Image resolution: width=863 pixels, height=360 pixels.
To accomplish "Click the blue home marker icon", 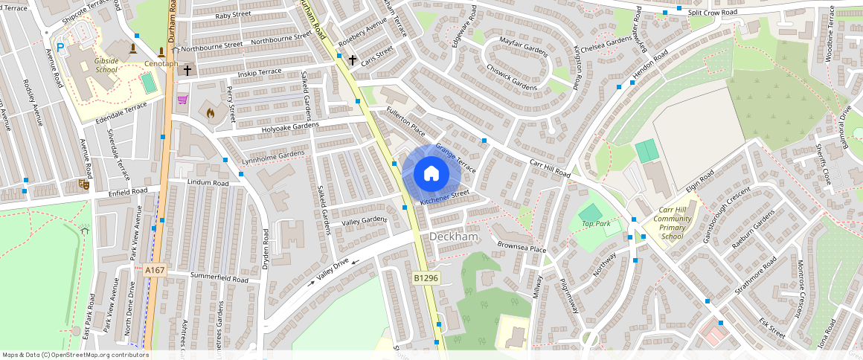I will (x=431, y=174).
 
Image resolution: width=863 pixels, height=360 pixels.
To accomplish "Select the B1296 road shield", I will (x=426, y=277).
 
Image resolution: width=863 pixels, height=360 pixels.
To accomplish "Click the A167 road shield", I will (x=155, y=270).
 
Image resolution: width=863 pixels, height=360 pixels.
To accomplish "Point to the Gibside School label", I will (x=106, y=65).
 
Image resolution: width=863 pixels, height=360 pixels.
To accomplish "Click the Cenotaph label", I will (x=161, y=64).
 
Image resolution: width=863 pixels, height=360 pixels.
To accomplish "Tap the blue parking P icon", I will (x=61, y=47).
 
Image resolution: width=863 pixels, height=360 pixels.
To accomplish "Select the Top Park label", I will (x=595, y=223).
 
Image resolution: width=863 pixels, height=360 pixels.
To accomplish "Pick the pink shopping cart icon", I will (x=182, y=99).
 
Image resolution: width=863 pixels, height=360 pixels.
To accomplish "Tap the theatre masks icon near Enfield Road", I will (x=84, y=183).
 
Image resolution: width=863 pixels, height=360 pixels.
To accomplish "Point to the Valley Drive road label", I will (x=332, y=269).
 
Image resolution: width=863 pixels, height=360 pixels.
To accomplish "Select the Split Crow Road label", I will (x=712, y=13).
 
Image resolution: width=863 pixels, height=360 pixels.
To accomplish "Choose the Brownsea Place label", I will (x=522, y=247).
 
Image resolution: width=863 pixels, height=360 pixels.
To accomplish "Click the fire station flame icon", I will (x=210, y=113).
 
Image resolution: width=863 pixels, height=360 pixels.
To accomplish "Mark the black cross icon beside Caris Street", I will (x=352, y=60).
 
